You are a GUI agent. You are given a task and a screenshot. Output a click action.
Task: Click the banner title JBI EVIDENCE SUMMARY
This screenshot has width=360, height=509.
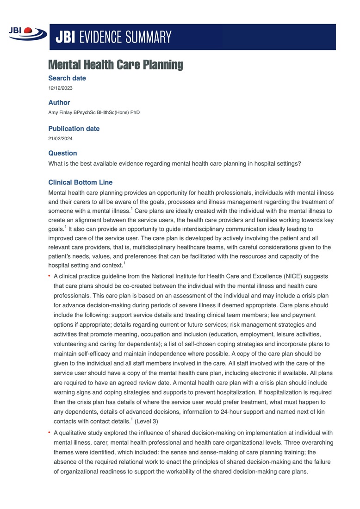point(114,37)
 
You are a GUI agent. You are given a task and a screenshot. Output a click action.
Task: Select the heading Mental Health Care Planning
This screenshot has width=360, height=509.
point(116,65)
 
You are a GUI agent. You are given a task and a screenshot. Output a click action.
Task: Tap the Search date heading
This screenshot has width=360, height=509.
point(67,78)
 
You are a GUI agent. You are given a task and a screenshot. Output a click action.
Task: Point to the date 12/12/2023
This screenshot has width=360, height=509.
point(61,88)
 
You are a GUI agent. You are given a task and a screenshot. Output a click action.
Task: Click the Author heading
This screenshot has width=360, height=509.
point(59,103)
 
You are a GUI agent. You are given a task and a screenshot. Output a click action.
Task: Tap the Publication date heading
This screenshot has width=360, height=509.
point(74,129)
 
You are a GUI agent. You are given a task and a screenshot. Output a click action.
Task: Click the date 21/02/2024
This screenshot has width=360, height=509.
point(61,138)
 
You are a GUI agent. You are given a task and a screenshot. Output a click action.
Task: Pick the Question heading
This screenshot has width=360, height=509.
point(63,153)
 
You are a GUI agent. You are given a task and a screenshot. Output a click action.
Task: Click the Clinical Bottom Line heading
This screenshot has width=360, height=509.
point(81,182)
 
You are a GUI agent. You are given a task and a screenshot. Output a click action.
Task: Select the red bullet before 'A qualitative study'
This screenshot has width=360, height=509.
point(50,433)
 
